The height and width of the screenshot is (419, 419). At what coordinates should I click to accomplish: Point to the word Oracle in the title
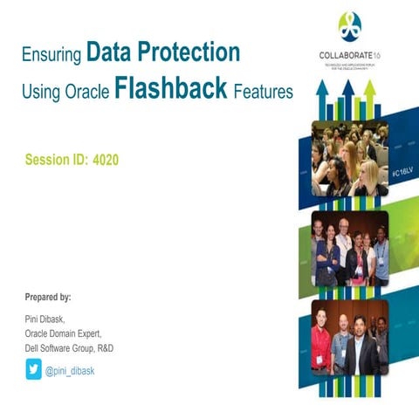coord(87,91)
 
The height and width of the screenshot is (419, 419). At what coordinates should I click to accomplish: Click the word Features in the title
coord(263,91)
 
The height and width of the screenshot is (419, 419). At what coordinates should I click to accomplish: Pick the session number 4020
coord(101,161)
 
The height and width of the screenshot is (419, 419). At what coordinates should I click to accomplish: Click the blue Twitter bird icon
coord(33,370)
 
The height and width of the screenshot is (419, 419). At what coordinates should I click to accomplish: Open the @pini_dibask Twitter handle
coord(70,370)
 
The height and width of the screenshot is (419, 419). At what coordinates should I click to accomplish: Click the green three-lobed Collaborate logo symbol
coord(350,25)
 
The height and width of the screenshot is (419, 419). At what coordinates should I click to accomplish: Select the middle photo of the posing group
coord(349,249)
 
